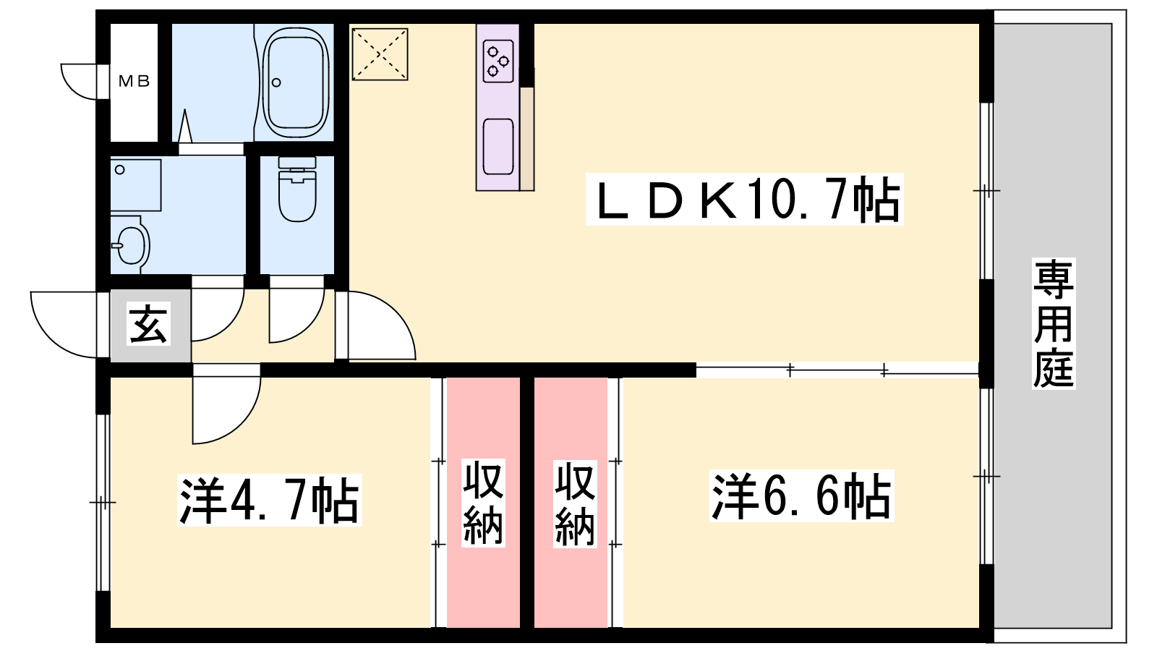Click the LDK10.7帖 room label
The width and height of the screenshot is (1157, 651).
click(745, 199)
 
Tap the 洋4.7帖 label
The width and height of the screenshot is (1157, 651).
click(269, 499)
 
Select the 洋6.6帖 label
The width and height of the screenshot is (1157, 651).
click(802, 495)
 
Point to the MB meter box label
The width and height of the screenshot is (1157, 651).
click(134, 81)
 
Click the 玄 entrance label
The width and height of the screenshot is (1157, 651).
click(149, 325)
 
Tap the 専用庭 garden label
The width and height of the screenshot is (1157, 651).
click(1053, 323)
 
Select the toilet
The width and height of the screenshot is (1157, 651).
click(297, 189)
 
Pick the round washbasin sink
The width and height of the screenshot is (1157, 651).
click(131, 244)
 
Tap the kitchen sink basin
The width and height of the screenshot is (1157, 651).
click(498, 147)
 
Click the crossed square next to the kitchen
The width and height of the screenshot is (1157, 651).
click(380, 54)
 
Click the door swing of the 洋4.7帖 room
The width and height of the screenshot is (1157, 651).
click(226, 404)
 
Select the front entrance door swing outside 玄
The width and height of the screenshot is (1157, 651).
click(64, 324)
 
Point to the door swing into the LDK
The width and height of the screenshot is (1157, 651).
click(376, 325)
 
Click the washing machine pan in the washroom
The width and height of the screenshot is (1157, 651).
click(136, 185)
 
